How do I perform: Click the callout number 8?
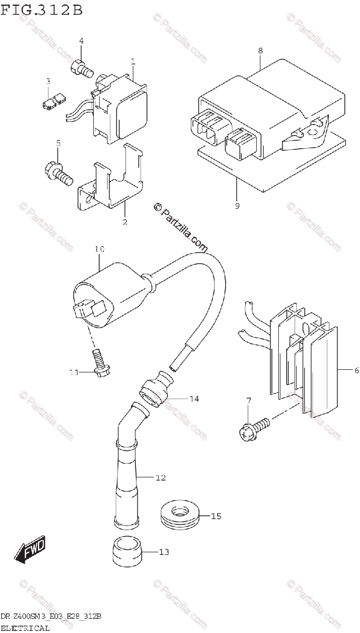pos(260,51)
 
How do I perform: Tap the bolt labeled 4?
pos(81,68)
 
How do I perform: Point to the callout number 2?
pos(125,222)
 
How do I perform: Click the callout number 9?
pos(237,206)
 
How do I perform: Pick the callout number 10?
pos(100,248)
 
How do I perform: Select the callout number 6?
pos(356,371)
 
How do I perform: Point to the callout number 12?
pos(161,478)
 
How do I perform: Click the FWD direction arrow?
pos(30,549)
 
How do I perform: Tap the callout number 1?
pos(133,62)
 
